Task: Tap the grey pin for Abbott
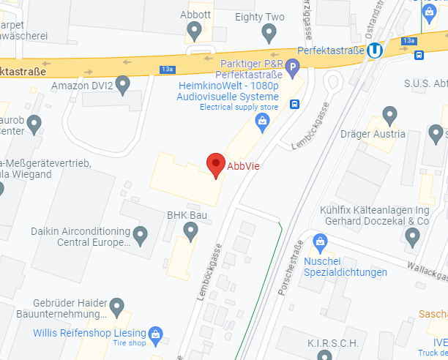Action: pyautogui.click(x=195, y=31)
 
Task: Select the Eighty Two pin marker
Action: pyautogui.click(x=269, y=32)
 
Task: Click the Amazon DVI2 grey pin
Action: pyautogui.click(x=122, y=85)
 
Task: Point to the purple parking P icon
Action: pyautogui.click(x=293, y=70)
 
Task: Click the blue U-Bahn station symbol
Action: pyautogui.click(x=375, y=50)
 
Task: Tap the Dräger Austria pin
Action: pyautogui.click(x=390, y=115)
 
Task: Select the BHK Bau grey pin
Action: pyautogui.click(x=190, y=233)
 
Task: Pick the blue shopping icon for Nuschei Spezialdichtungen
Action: pyautogui.click(x=320, y=241)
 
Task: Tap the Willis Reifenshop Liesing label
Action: pyautogui.click(x=89, y=333)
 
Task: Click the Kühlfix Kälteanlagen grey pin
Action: pyautogui.click(x=412, y=236)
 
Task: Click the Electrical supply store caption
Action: pyautogui.click(x=239, y=108)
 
